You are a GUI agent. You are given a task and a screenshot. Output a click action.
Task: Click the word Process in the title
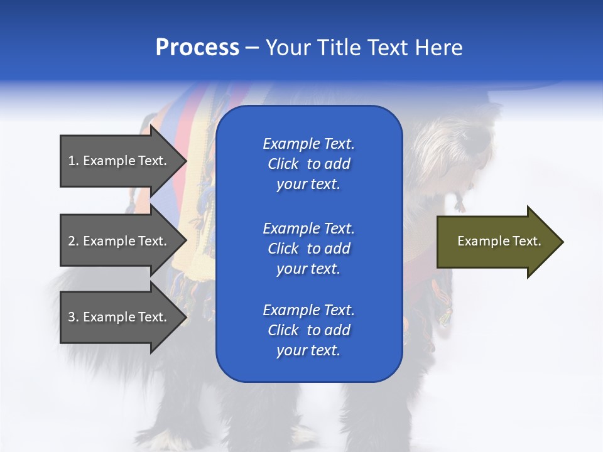197,48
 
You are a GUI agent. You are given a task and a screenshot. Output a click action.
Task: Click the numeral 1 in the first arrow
72,161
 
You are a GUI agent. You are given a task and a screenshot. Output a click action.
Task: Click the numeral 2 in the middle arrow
72,241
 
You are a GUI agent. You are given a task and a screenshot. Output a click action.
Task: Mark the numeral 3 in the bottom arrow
72,317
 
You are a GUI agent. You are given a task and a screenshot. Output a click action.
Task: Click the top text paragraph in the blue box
308,164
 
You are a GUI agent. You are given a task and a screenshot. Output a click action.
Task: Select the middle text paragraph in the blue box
308,249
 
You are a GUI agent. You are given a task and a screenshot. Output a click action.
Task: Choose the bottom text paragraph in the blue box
308,330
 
